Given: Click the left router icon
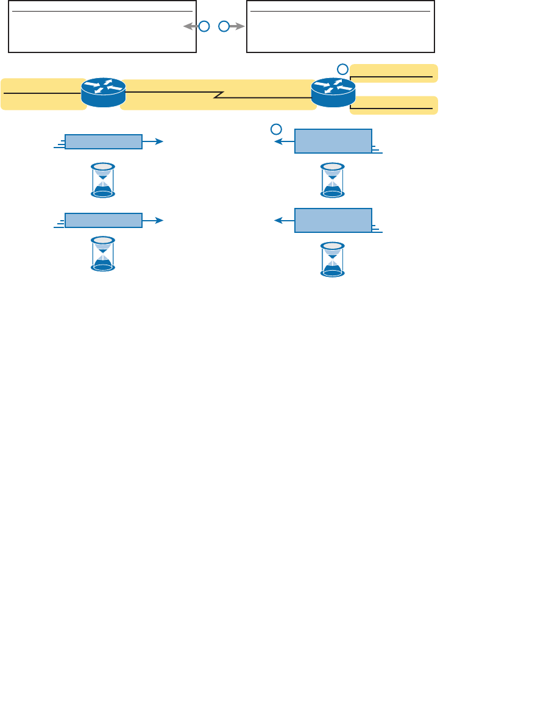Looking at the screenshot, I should (103, 92).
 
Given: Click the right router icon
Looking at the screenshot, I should (332, 92).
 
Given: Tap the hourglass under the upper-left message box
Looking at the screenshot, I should (103, 180).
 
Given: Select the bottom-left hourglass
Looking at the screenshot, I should (103, 254).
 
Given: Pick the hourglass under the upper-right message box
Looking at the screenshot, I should (332, 180).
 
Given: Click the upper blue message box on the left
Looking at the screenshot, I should (104, 141).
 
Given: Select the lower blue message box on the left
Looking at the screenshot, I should (104, 220).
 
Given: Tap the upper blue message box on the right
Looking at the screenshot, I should (333, 141).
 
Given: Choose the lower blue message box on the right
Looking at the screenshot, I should (333, 220).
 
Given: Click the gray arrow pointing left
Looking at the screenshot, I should (189, 27).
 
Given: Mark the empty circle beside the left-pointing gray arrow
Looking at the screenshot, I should (204, 27).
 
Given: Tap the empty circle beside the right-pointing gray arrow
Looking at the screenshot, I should (224, 27).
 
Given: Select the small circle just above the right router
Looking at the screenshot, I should (344, 68).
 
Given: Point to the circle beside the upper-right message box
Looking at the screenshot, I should (276, 129).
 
